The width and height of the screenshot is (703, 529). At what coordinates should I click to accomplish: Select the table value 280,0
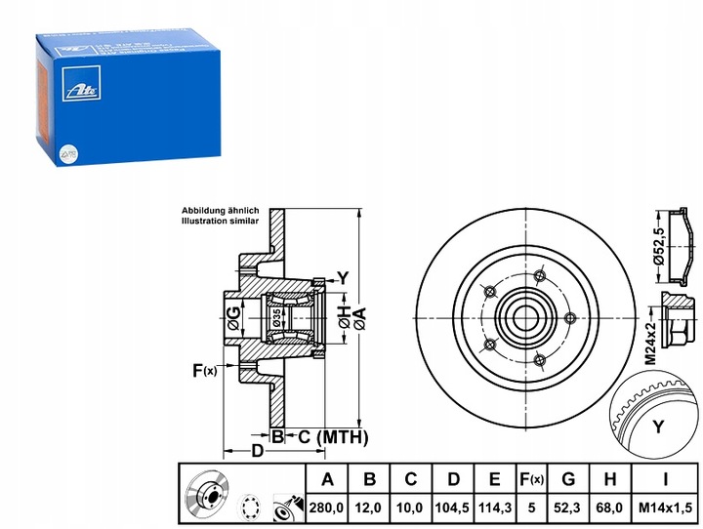coord(327,509)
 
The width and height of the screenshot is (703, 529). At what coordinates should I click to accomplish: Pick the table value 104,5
coord(452,509)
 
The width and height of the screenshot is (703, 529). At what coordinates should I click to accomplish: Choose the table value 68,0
coord(609,509)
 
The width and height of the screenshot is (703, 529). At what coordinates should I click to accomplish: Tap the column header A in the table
coord(327,479)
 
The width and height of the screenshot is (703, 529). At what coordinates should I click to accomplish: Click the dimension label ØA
coord(359,314)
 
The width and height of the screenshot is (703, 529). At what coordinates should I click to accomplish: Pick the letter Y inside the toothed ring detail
coord(657,426)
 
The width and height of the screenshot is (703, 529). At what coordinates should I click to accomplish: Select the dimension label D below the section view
coord(256,452)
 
